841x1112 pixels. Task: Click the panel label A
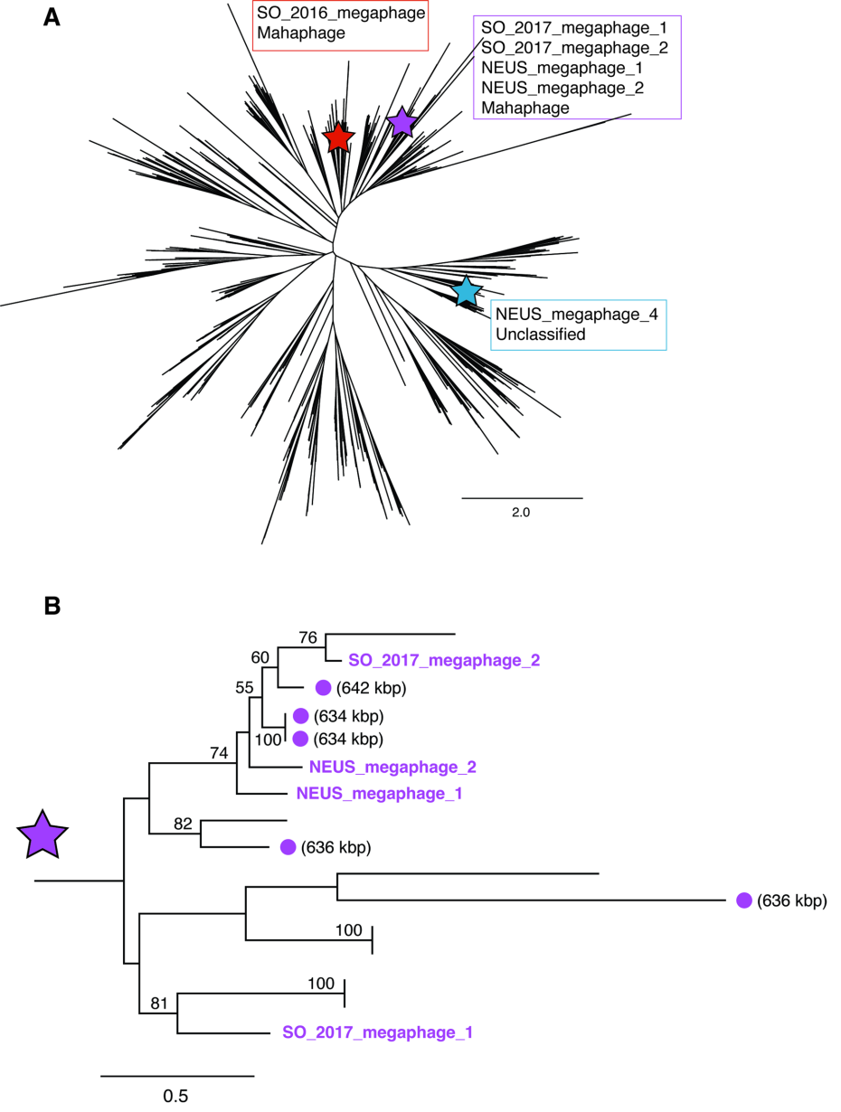click(x=52, y=18)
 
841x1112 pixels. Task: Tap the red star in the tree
click(x=338, y=137)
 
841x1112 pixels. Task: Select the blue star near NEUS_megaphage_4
click(x=466, y=291)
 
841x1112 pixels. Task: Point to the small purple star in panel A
click(x=402, y=121)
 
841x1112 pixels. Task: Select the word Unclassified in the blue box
click(x=540, y=334)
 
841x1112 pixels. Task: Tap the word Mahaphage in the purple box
click(x=525, y=108)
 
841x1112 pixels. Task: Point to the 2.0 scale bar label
click(x=522, y=512)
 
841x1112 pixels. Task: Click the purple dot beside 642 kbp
click(x=323, y=688)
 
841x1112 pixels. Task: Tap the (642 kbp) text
click(x=373, y=689)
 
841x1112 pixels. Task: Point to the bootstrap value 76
click(x=308, y=637)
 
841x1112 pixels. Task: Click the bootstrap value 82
click(x=184, y=824)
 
